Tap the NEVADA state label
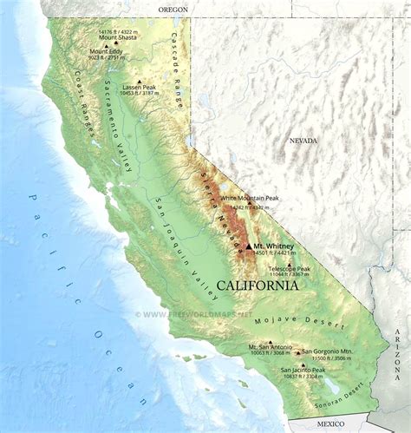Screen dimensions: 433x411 click(x=303, y=141)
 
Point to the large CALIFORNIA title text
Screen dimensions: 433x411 click(x=258, y=285)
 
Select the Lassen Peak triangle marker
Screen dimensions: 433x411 click(x=139, y=82)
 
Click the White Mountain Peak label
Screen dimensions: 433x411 click(x=250, y=199)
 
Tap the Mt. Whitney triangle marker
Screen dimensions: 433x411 click(x=248, y=246)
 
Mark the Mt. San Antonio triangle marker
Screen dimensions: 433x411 click(x=270, y=342)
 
